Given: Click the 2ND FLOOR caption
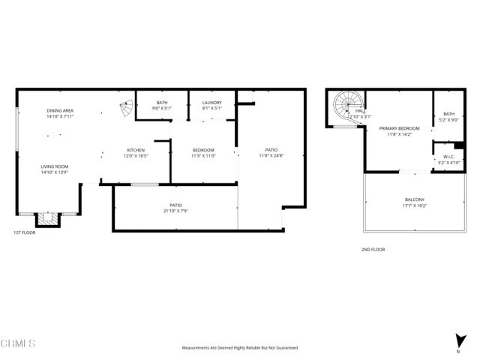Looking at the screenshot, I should point(373,249).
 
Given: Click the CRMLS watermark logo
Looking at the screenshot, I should point(19,343).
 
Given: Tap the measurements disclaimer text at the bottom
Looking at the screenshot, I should point(239,347).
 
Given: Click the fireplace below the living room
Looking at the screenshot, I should point(47,218).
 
